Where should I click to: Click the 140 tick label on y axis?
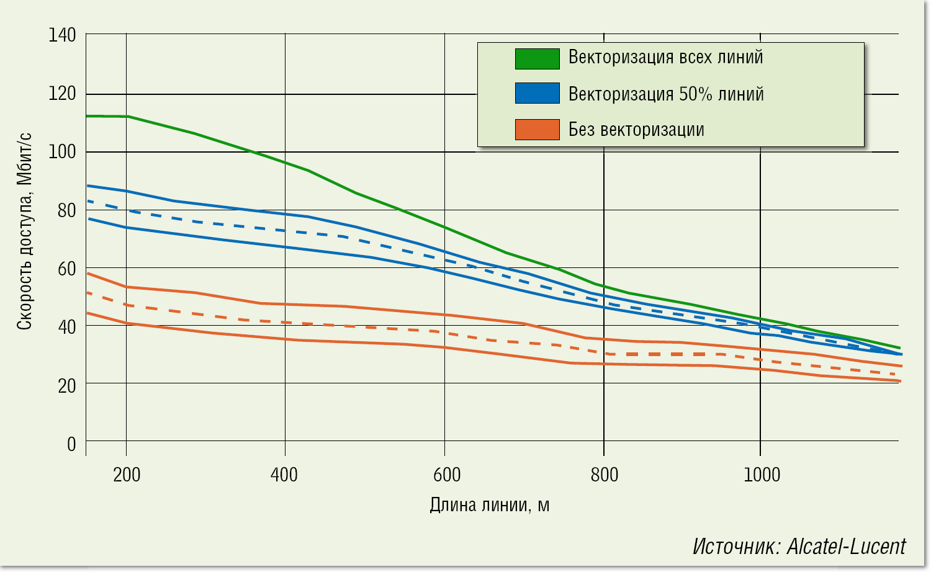pyautogui.click(x=62, y=35)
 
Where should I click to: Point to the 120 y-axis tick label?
pyautogui.click(x=62, y=94)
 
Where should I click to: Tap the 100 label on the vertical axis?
pyautogui.click(x=62, y=152)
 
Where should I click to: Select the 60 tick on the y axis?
pyautogui.click(x=66, y=269)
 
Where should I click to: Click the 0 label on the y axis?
pyautogui.click(x=71, y=444)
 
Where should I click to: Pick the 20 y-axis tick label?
pyautogui.click(x=66, y=386)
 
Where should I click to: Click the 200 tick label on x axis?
pyautogui.click(x=127, y=475)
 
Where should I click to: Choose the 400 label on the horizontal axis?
pyautogui.click(x=284, y=475)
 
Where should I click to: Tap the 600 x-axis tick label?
pyautogui.click(x=447, y=475)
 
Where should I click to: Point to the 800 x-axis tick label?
pyautogui.click(x=605, y=475)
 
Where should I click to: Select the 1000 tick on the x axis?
pyautogui.click(x=762, y=475)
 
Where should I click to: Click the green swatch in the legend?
pyautogui.click(x=537, y=58)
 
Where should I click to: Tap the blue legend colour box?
pyautogui.click(x=537, y=93)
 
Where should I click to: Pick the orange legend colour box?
pyautogui.click(x=537, y=130)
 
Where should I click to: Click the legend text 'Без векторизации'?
pyautogui.click(x=636, y=130)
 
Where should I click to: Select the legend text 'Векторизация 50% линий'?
pyautogui.click(x=666, y=94)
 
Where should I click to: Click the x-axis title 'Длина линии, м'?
pyautogui.click(x=489, y=505)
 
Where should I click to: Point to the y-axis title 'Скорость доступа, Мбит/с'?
pyautogui.click(x=25, y=231)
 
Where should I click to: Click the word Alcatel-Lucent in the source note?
pyautogui.click(x=846, y=547)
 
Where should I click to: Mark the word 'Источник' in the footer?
pyautogui.click(x=736, y=547)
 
